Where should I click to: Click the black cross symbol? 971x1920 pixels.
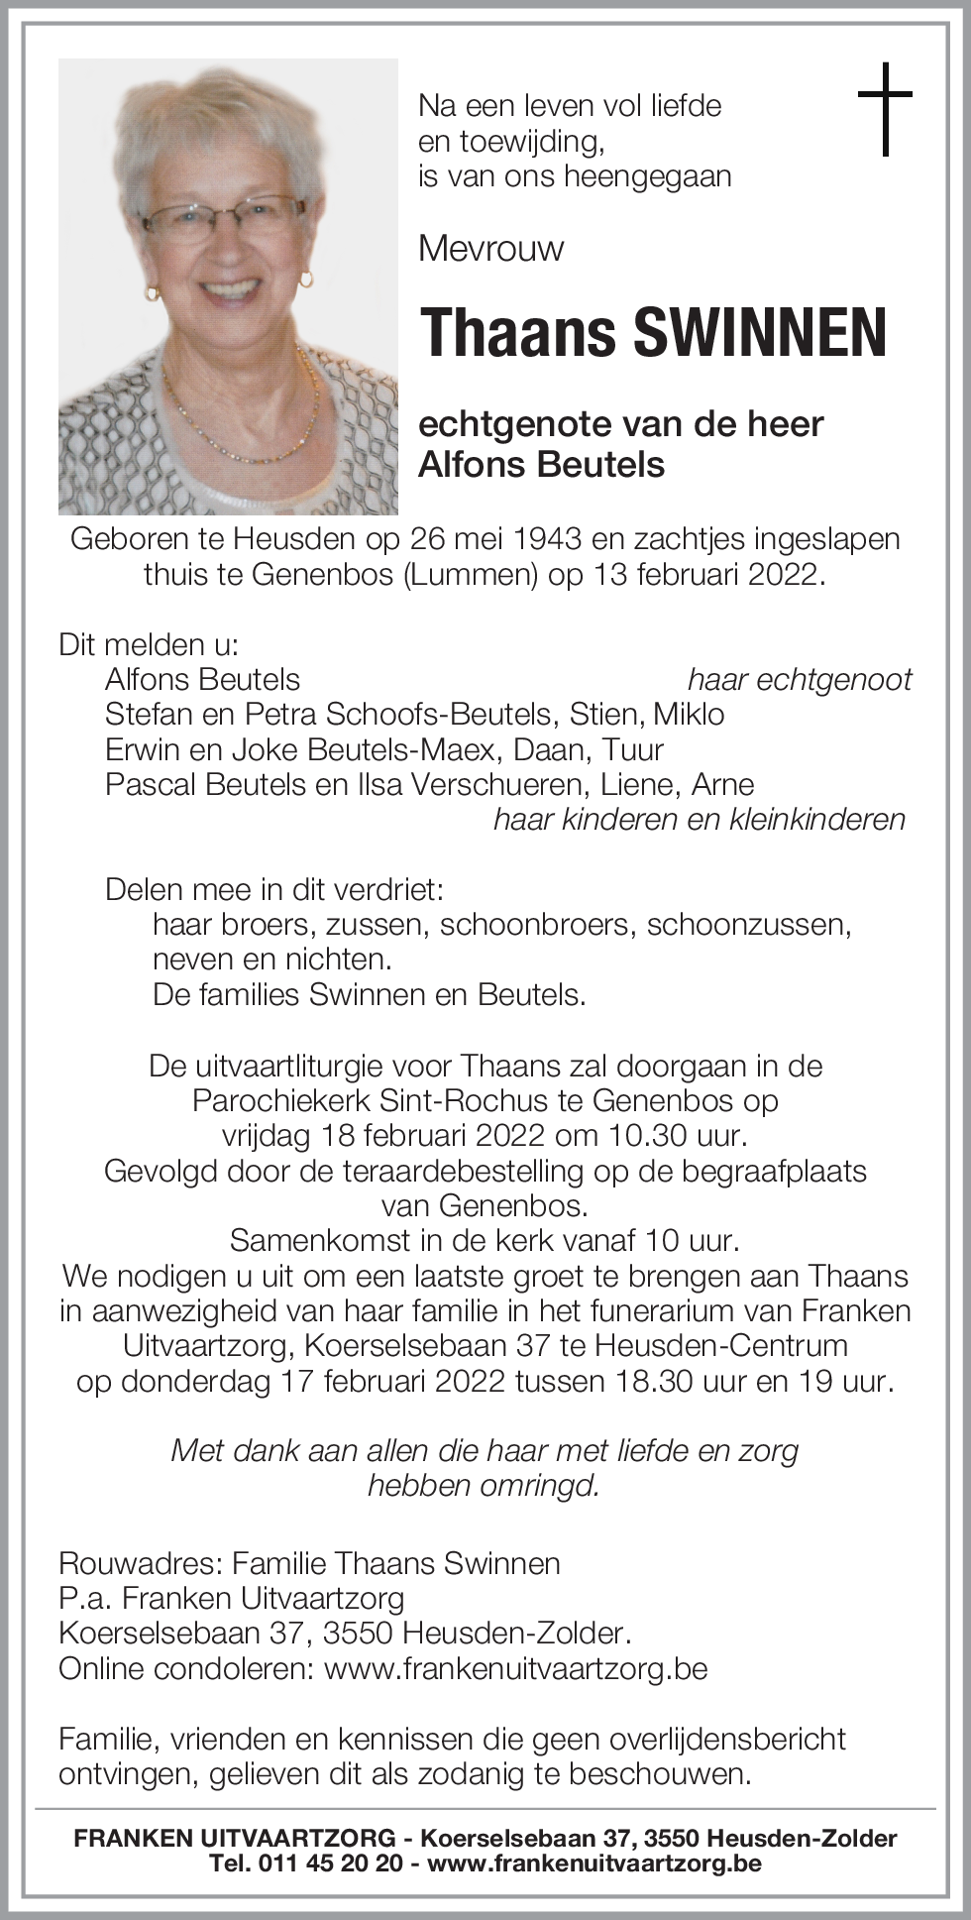point(885,108)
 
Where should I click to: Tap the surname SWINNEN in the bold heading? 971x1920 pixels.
point(759,333)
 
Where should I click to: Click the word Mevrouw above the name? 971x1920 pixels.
point(490,247)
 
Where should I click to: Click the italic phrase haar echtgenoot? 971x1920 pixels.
point(800,679)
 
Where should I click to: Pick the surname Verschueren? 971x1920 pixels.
point(486,784)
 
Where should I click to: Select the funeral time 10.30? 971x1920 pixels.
point(637,1135)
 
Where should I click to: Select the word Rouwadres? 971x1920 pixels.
point(138,1563)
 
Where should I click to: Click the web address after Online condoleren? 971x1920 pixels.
point(515,1668)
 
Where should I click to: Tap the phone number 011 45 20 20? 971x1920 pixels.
point(332,1864)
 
